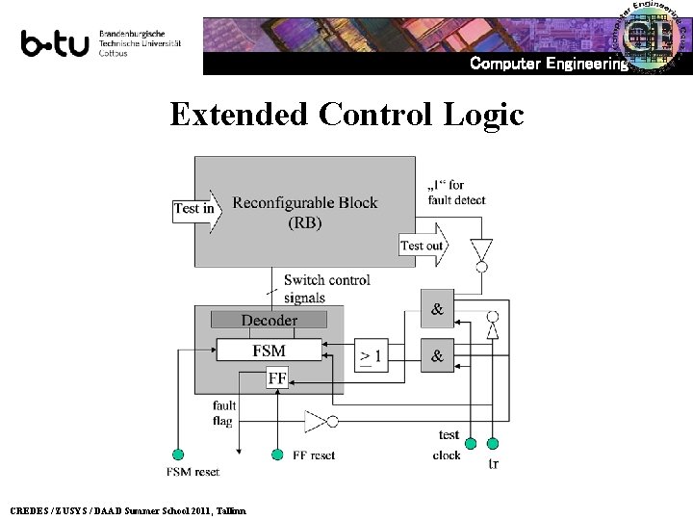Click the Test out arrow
coord(424,245)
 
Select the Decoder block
coord(269,320)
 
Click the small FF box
coord(277,378)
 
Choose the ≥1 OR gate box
coord(370,355)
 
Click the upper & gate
coord(437,310)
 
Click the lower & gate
coord(437,355)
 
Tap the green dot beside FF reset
coord(277,455)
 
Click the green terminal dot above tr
coord(494,444)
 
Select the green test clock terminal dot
coord(470,444)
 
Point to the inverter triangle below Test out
coord(480,252)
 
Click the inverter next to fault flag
coord(319,420)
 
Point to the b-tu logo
coord(56,43)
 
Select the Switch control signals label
coord(326,289)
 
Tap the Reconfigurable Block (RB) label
coord(305,213)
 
